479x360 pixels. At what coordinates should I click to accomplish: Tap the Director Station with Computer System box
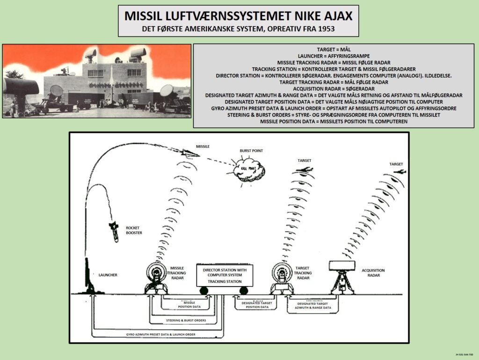(x=225, y=275)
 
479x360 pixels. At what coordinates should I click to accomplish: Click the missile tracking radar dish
(x=158, y=272)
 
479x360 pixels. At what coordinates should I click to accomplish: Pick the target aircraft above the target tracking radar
(x=305, y=170)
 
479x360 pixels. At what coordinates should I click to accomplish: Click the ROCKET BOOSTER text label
(x=134, y=231)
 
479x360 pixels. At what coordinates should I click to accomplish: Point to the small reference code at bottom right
(x=465, y=355)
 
